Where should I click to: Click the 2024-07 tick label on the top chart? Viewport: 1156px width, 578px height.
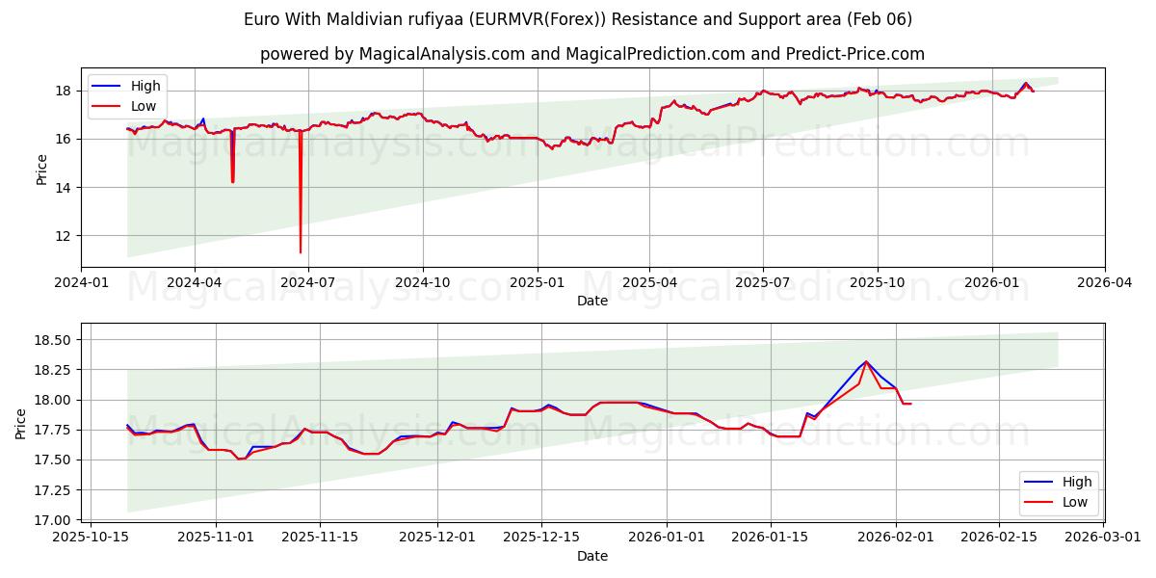[307, 283]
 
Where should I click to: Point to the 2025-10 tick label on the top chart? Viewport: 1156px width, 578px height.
[878, 283]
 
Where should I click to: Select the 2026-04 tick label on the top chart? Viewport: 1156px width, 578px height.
[1104, 283]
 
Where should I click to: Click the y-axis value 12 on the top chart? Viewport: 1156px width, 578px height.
[65, 236]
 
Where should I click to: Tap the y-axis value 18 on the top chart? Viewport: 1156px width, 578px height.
[65, 92]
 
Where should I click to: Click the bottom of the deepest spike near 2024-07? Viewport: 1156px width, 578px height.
[301, 252]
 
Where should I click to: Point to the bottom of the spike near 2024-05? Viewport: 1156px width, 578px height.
[232, 181]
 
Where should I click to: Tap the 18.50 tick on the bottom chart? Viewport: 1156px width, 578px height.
[49, 340]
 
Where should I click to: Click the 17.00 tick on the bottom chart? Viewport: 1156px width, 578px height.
[49, 520]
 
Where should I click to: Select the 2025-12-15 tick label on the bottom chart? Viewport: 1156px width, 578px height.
[548, 538]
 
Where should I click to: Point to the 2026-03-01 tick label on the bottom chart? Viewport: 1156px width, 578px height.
[1104, 538]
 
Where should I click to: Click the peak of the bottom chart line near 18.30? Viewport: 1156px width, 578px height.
[865, 361]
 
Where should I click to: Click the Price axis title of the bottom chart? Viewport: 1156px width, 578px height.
[21, 423]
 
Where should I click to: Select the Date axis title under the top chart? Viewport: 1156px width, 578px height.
[592, 302]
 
